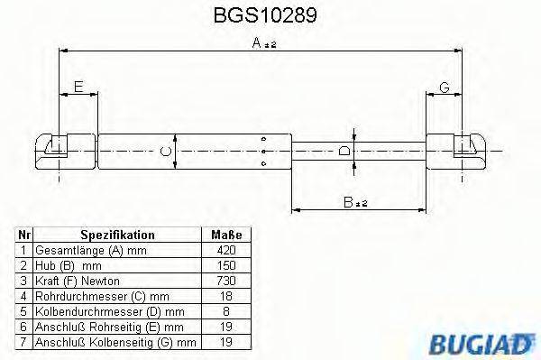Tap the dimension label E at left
78,87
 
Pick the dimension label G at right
445,87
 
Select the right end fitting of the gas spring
468,150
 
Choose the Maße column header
223,233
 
